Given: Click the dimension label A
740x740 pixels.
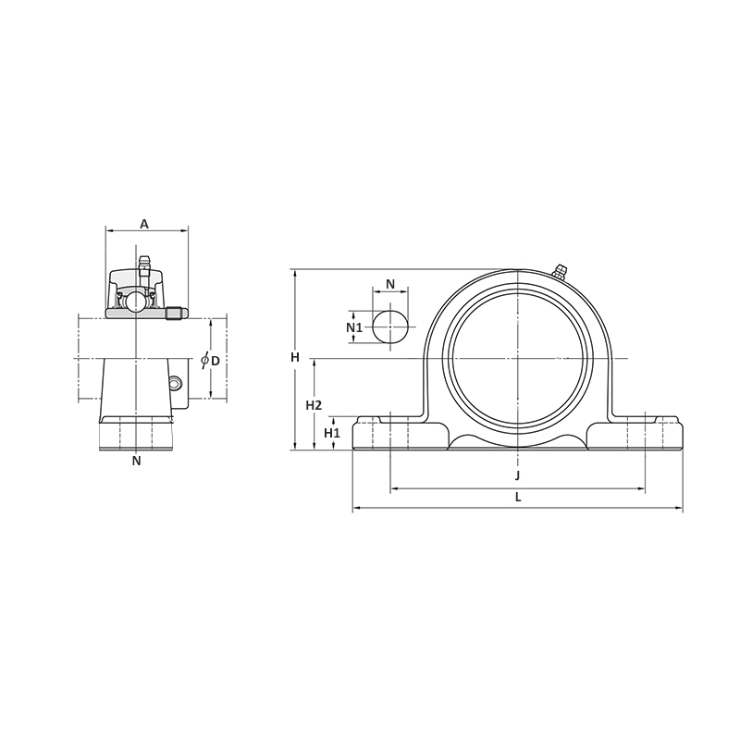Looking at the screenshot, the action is click(x=144, y=224).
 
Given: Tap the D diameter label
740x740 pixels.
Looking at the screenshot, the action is click(x=216, y=361).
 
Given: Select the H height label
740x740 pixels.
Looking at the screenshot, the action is click(x=295, y=358).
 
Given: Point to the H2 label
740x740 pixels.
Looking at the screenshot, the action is click(x=314, y=405).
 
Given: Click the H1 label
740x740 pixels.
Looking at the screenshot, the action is click(x=332, y=433).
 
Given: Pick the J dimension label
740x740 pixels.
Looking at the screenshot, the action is click(x=517, y=475).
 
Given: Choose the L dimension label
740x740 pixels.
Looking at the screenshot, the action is click(x=518, y=497).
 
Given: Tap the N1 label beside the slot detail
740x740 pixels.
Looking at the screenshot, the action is click(x=354, y=327).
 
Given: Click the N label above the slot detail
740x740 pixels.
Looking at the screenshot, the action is click(x=390, y=284).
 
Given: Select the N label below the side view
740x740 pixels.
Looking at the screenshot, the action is click(x=136, y=461).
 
